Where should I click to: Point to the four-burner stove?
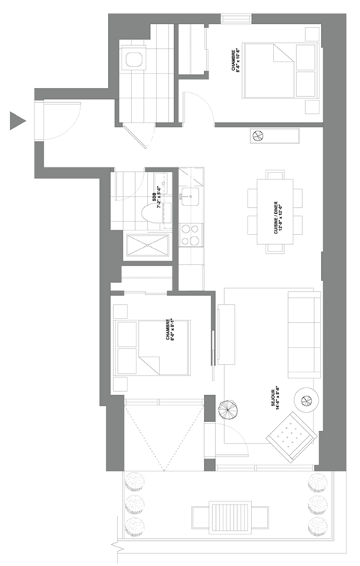190,234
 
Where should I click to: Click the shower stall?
144,245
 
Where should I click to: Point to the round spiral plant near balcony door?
226,410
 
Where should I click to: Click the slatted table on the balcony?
229,517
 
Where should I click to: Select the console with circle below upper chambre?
274,136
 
